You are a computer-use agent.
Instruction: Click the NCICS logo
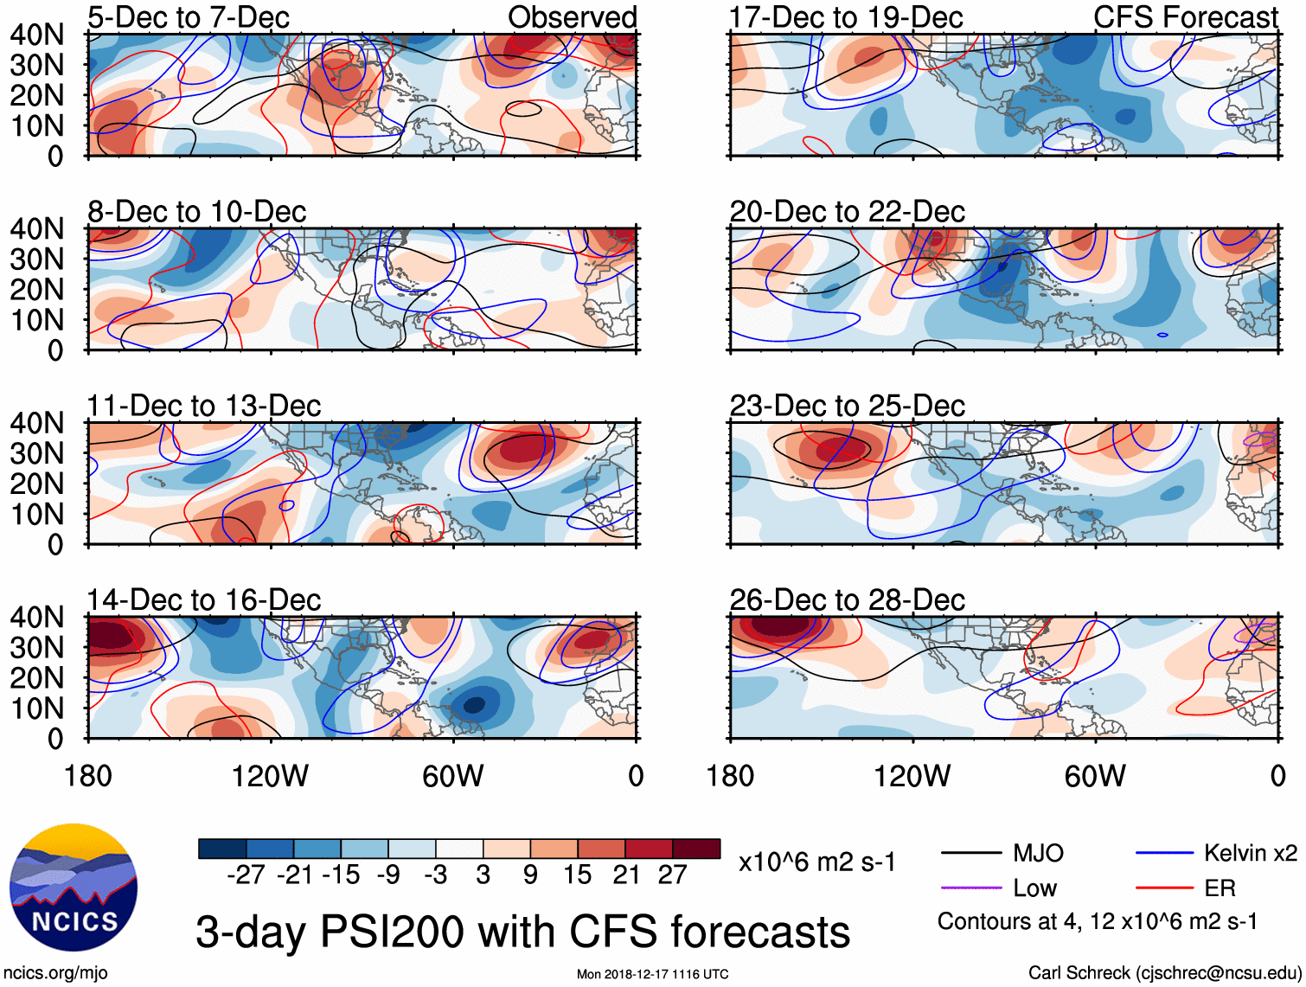tap(74, 887)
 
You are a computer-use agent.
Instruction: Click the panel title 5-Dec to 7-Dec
tap(189, 17)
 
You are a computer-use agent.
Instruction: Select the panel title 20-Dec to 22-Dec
tap(847, 212)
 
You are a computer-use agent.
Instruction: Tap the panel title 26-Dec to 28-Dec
tap(847, 600)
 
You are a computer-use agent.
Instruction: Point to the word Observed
tap(572, 17)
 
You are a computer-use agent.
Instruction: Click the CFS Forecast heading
tap(1185, 17)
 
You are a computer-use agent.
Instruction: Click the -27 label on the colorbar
tap(246, 875)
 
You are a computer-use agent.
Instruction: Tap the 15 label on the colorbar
tap(578, 875)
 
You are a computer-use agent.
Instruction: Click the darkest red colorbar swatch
tap(696, 849)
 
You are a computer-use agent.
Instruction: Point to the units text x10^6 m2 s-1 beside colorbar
tap(817, 862)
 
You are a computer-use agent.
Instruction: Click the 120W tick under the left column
tap(270, 776)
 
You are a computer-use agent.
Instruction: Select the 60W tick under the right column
tap(1095, 776)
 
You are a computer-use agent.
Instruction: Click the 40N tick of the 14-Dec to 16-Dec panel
tap(36, 618)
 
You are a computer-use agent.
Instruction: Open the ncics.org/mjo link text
tap(55, 973)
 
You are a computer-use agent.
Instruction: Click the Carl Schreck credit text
tap(1164, 973)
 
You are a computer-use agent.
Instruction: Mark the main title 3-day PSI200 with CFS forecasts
tap(522, 933)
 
